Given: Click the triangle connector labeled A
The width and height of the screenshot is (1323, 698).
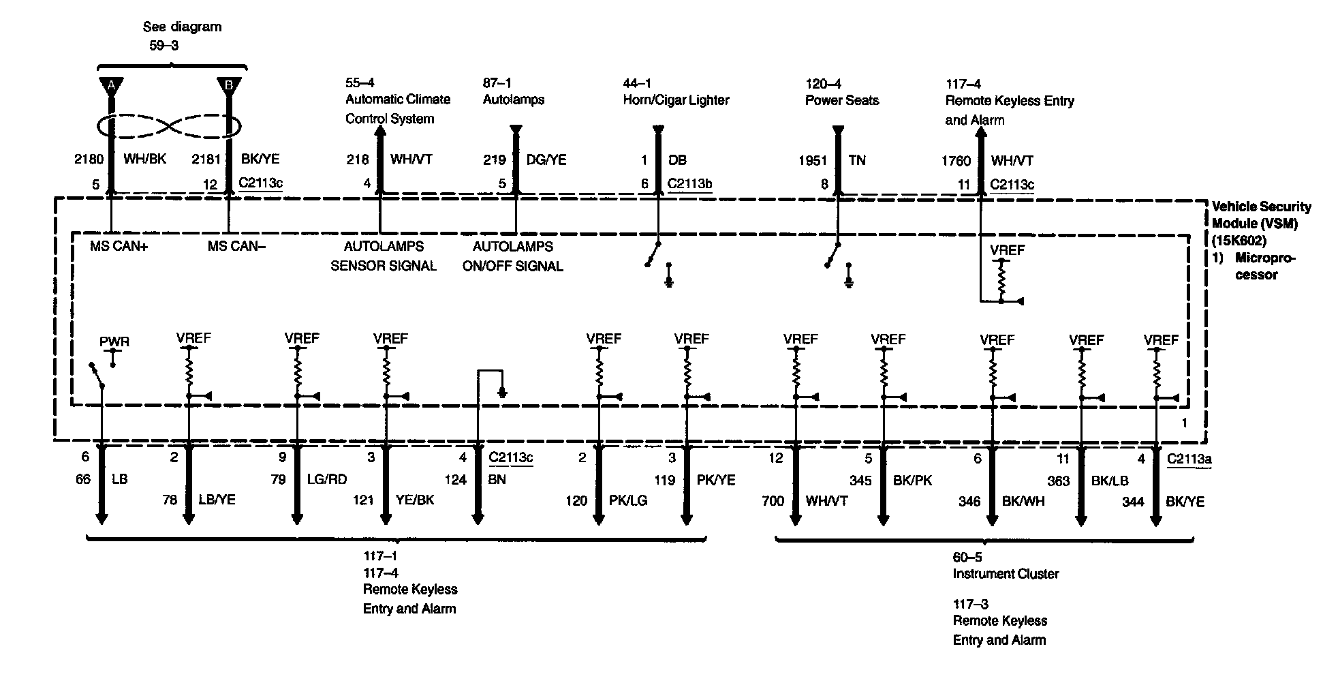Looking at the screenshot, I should tap(110, 87).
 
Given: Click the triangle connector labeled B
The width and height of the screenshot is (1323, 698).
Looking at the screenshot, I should tap(229, 87).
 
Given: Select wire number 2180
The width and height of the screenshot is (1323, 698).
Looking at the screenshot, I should tap(89, 160).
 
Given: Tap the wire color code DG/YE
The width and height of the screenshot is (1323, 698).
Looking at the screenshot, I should tap(546, 160).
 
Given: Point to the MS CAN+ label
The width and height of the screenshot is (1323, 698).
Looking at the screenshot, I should tap(119, 246).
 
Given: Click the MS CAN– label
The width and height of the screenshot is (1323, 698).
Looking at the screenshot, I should tap(236, 246).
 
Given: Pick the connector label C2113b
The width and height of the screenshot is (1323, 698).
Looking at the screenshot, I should tap(689, 184).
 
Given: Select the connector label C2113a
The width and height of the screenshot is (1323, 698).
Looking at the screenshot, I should tap(1189, 459).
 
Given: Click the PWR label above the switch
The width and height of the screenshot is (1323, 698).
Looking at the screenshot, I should tap(114, 342).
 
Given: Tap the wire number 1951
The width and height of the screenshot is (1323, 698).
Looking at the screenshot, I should tap(812, 161).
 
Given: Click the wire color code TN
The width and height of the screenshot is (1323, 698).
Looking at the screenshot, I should tap(857, 160).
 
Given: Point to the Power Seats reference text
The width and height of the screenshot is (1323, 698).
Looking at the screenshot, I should tap(842, 101).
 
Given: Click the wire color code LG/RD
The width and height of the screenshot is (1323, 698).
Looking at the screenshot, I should tap(327, 479).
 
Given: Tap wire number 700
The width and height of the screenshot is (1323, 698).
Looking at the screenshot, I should tap(773, 502).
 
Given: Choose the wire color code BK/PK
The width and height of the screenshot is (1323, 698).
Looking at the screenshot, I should tap(912, 481).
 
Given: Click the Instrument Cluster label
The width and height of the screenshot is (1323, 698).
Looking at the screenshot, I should tap(1006, 574).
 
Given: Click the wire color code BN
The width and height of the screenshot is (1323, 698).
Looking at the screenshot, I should tap(497, 479).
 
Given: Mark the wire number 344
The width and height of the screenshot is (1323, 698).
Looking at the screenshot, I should tap(1133, 502).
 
